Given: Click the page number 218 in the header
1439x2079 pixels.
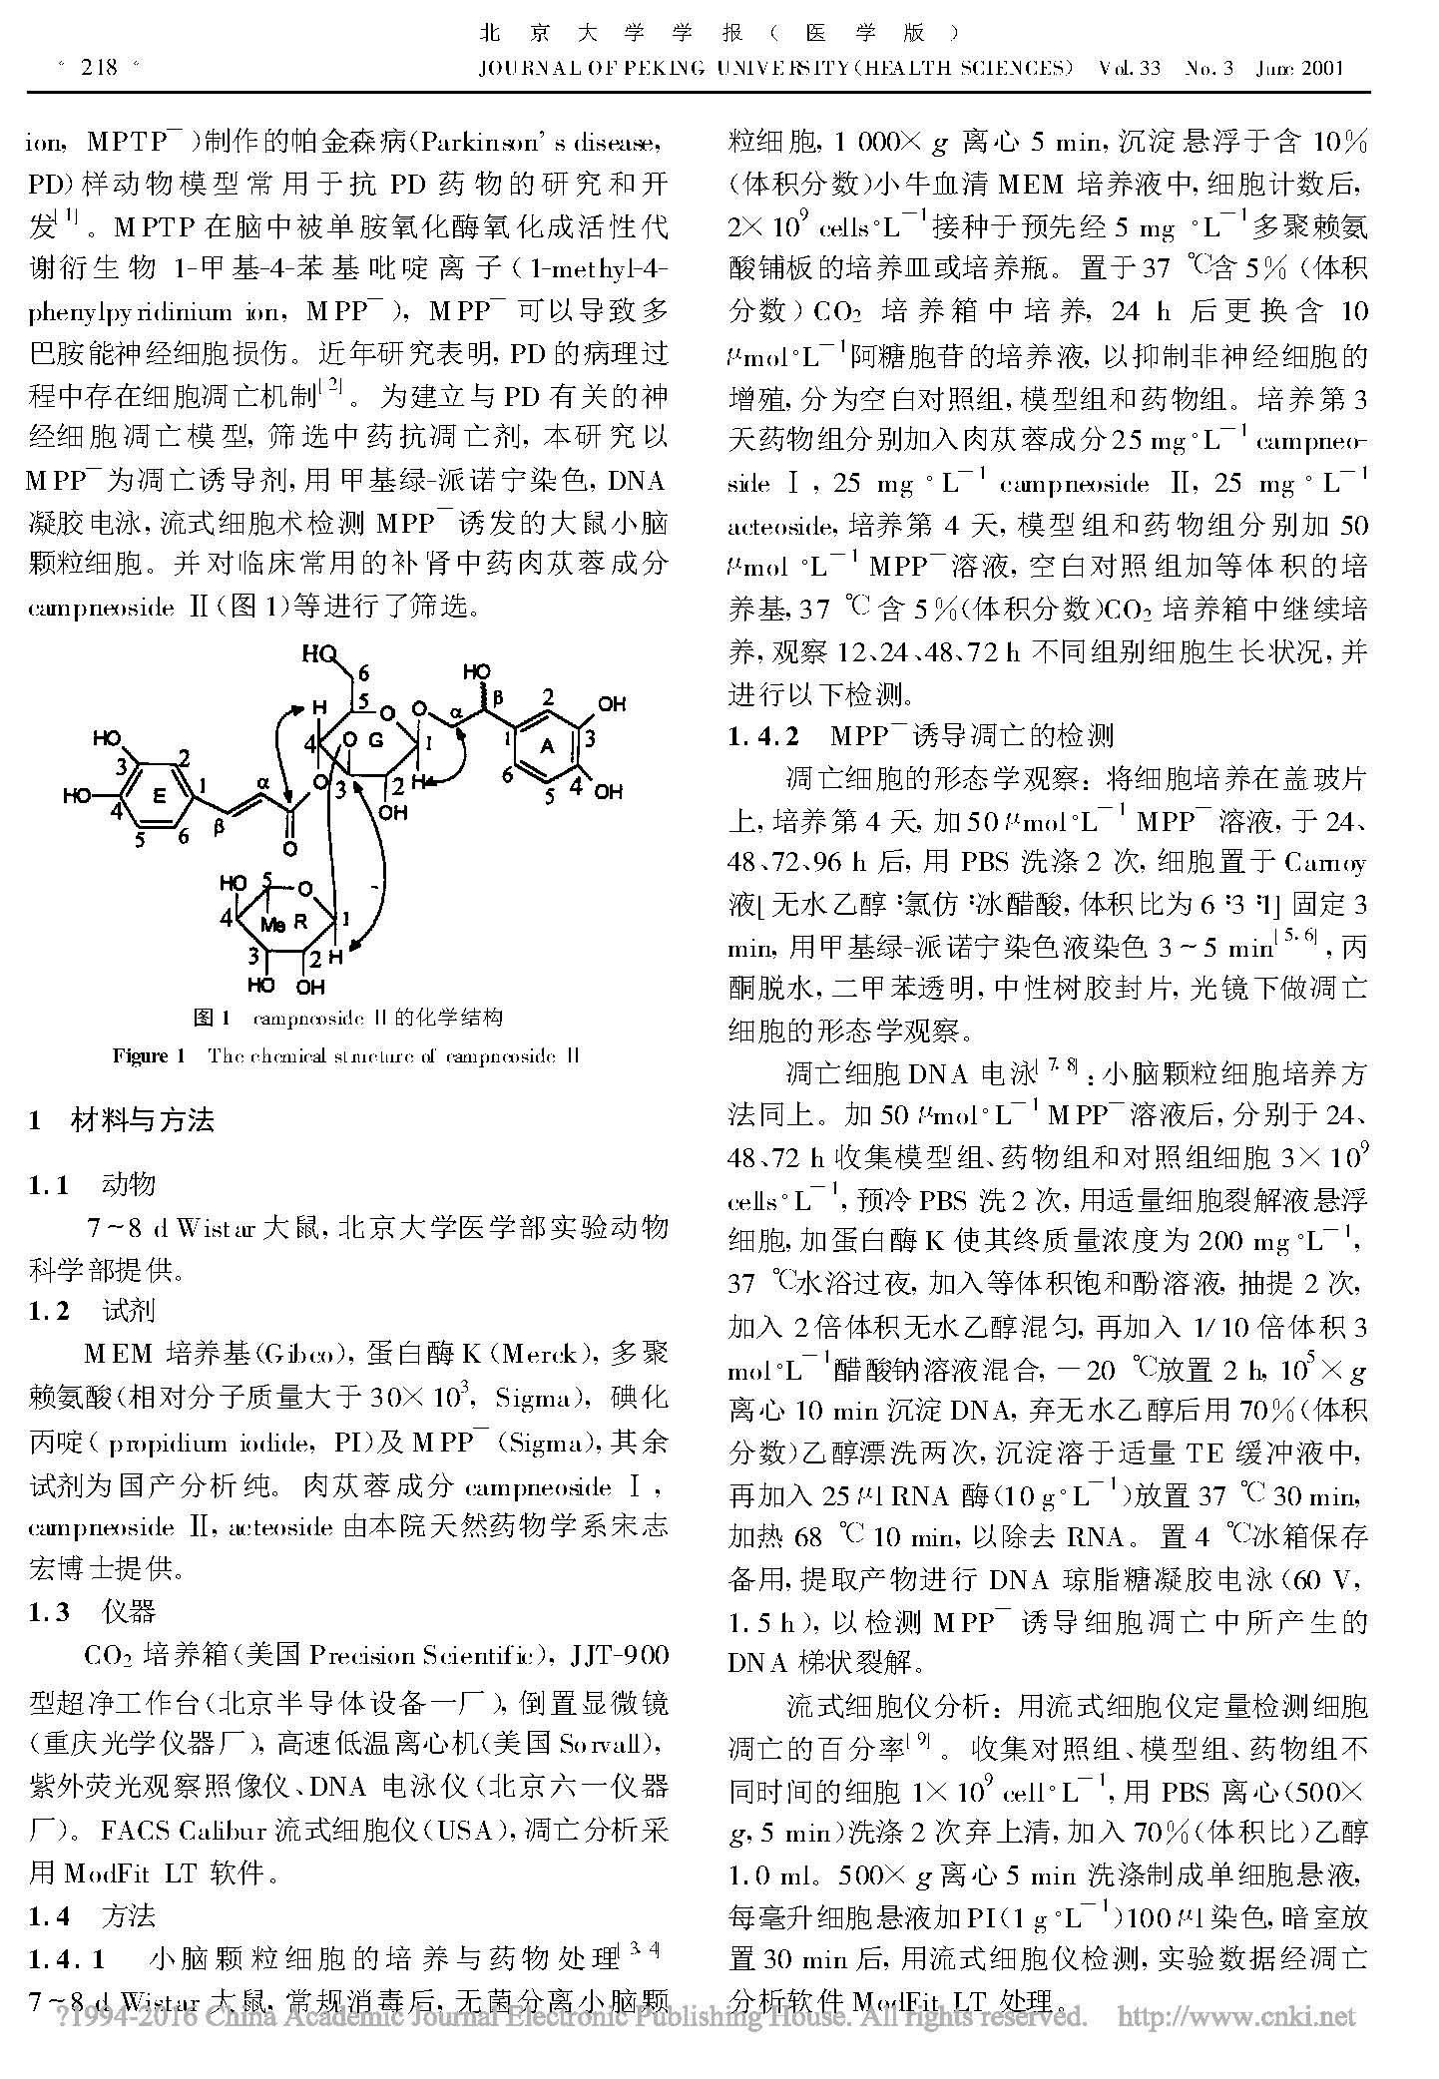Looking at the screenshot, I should click(x=98, y=68).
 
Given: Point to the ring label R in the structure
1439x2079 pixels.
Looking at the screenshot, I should click(x=300, y=924).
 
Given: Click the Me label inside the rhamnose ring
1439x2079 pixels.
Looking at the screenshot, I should click(x=271, y=925).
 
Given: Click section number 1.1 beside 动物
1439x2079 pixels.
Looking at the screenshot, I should click(x=49, y=1184).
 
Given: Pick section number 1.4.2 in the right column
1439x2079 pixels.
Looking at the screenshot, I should click(x=763, y=736).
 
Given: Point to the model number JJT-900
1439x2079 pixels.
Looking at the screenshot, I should click(x=619, y=1656).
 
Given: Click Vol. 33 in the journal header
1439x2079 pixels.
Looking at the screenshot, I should click(x=1129, y=69).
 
